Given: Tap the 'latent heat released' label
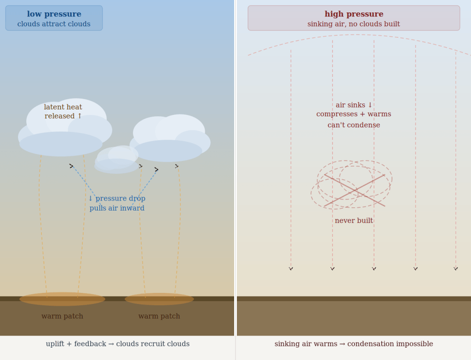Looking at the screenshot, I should tap(63, 112).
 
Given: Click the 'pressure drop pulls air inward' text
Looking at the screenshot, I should tap(117, 203).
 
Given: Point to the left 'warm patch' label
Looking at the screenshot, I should tap(62, 316).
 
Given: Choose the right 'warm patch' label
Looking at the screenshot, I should tap(159, 316).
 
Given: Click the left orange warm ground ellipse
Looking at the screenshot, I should tap(62, 299).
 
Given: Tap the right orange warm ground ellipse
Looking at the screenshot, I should tap(159, 299).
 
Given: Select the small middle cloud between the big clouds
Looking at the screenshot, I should tap(117, 160).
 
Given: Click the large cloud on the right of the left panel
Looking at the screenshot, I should tap(169, 138).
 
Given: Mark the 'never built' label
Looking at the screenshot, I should tap(354, 221).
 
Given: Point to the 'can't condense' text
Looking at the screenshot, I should tap(354, 125).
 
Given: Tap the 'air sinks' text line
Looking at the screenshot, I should tap(354, 105).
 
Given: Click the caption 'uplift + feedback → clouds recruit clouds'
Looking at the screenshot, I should tap(117, 344).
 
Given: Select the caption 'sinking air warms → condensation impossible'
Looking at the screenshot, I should tap(354, 344).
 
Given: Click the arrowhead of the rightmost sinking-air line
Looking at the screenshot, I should tap(456, 269).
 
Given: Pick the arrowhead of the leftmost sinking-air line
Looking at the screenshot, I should tap(291, 269).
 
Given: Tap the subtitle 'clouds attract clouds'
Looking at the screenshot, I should tap(54, 24).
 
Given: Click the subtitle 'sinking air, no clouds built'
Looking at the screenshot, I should tap(354, 24).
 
